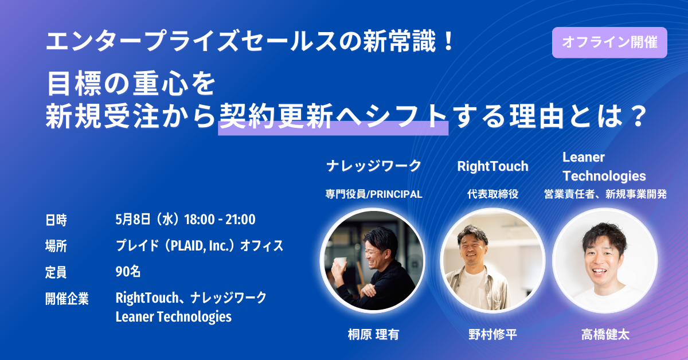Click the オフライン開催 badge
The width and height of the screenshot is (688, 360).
[609, 42]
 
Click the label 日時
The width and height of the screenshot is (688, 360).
[56, 220]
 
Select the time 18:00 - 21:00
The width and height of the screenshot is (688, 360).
[220, 220]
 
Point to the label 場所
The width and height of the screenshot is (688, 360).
[56, 246]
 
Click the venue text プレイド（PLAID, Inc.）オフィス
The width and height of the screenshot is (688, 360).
[200, 246]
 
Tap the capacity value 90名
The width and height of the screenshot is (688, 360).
[128, 272]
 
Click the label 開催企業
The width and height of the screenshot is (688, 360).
[67, 299]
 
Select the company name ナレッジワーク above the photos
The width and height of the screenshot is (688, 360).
[373, 166]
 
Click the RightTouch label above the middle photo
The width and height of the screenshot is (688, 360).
[492, 166]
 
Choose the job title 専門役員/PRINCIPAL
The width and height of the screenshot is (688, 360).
[374, 194]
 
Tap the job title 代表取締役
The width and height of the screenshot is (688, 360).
[492, 194]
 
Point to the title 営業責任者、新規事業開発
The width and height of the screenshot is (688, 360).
[605, 194]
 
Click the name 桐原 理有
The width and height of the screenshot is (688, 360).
[373, 335]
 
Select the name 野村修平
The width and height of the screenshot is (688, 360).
[492, 335]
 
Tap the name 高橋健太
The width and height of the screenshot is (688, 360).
[605, 335]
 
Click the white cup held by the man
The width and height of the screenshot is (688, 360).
[341, 263]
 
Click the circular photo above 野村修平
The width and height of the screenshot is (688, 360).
[492, 260]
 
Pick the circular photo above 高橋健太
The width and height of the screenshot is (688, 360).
[605, 260]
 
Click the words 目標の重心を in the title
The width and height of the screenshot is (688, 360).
[131, 84]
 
